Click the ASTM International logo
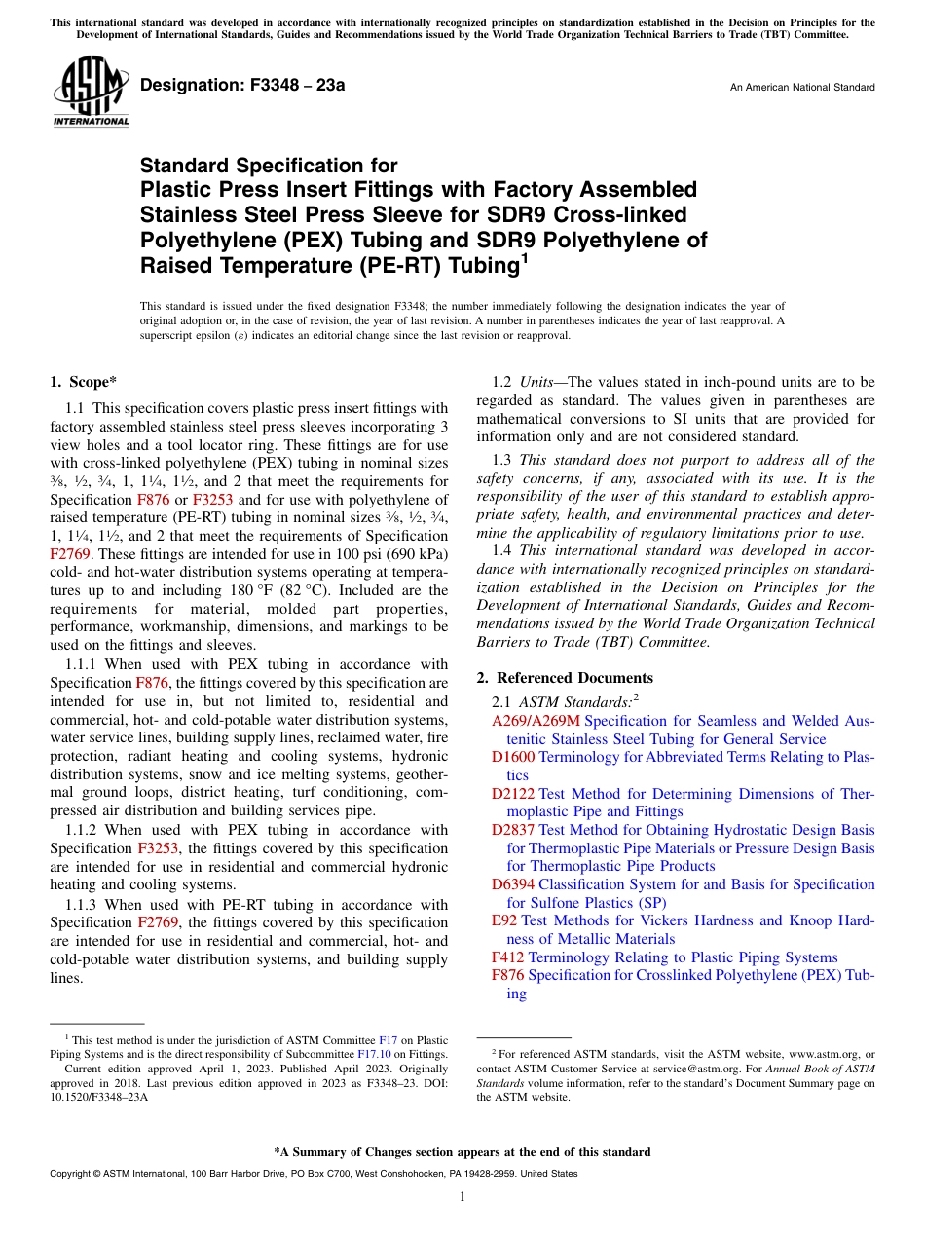(91, 94)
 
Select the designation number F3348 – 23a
(242, 86)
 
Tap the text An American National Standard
(802, 88)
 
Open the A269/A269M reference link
(536, 721)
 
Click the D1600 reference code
(513, 757)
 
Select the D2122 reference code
(513, 794)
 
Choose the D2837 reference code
(513, 830)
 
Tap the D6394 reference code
(513, 884)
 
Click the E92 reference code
(504, 920)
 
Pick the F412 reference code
(507, 957)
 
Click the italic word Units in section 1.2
(537, 382)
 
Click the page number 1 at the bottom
(462, 1196)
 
